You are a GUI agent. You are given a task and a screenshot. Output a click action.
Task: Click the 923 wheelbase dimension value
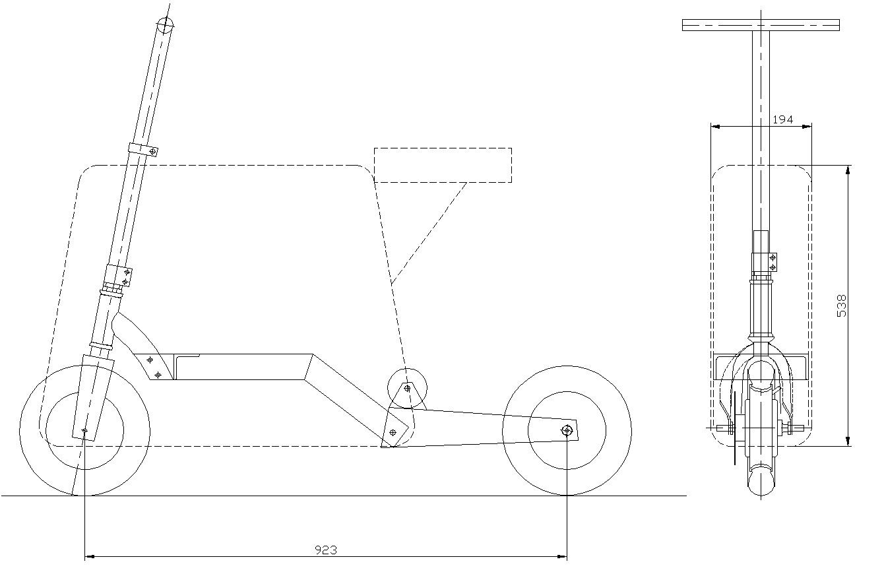pyautogui.click(x=326, y=550)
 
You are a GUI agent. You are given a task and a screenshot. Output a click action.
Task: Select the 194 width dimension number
pyautogui.click(x=782, y=119)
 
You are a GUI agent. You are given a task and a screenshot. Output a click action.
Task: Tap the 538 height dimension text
pyautogui.click(x=841, y=306)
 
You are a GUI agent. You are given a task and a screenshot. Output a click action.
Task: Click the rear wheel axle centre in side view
pyautogui.click(x=567, y=430)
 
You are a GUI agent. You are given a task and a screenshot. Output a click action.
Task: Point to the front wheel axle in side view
pyautogui.click(x=84, y=430)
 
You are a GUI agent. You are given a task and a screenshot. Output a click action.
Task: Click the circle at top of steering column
pyautogui.click(x=165, y=25)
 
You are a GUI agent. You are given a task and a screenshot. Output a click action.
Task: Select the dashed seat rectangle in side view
pyautogui.click(x=443, y=165)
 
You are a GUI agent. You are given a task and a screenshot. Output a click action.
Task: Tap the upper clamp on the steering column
pyautogui.click(x=143, y=150)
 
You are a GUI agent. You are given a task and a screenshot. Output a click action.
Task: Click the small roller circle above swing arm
pyautogui.click(x=407, y=388)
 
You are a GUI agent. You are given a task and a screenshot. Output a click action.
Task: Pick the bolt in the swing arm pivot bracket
pyautogui.click(x=393, y=432)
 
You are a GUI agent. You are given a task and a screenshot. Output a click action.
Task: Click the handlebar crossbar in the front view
pyautogui.click(x=761, y=25)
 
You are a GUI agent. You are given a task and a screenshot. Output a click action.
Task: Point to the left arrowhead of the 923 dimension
pyautogui.click(x=90, y=557)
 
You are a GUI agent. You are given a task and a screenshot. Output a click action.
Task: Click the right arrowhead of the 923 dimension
pyautogui.click(x=562, y=557)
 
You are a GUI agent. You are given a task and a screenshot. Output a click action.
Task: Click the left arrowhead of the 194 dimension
pyautogui.click(x=716, y=127)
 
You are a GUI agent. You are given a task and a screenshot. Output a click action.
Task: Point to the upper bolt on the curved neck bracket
pyautogui.click(x=150, y=360)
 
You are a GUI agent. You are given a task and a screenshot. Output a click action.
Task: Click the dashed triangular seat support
pyautogui.click(x=428, y=234)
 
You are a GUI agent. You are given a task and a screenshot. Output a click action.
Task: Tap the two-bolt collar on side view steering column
pyautogui.click(x=118, y=275)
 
